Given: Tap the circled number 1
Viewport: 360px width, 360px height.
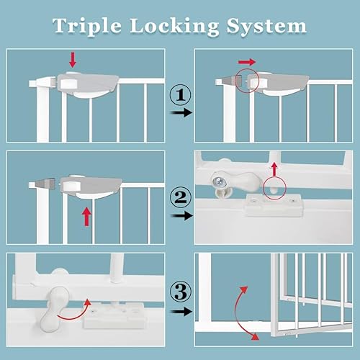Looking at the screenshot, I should point(180,94).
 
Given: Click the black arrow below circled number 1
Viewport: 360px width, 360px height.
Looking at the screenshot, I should point(184,114).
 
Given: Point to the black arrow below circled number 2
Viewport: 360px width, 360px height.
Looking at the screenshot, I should point(184,215).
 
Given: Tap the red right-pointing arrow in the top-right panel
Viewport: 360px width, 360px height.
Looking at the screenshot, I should point(248,63).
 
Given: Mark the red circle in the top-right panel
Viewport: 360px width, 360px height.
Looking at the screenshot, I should point(248,81).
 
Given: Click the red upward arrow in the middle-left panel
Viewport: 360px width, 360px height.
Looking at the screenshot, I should point(88,215).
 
